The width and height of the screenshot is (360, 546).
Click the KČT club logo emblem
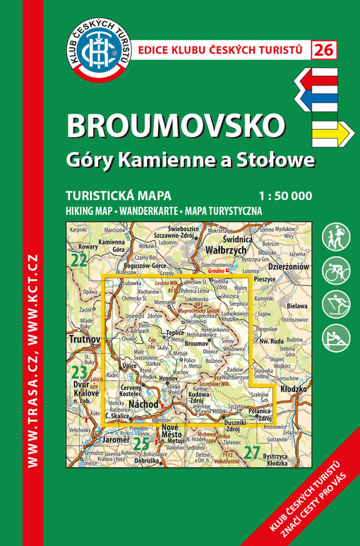coord(98,50)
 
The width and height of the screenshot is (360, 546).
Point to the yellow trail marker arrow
coord(331,131)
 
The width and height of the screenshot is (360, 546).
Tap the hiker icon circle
coord(336,237)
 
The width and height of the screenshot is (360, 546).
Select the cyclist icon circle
coord(336,271)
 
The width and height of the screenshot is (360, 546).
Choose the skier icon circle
coord(336,304)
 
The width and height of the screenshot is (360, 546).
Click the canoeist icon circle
coord(336,338)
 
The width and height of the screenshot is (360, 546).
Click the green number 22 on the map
coord(78,260)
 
